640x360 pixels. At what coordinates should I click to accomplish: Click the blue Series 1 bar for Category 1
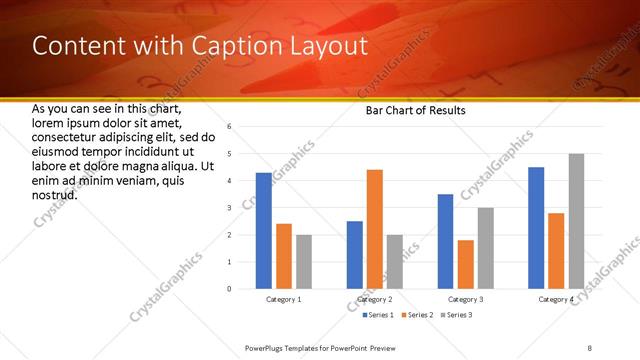point(263,231)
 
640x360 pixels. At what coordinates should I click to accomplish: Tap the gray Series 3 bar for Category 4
point(576,221)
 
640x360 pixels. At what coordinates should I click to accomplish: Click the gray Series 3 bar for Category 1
point(303,262)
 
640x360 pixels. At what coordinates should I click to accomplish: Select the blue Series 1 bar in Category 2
point(355,255)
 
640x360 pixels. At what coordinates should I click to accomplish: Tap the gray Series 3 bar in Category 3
point(486,248)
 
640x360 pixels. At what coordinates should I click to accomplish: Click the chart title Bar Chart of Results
point(415,110)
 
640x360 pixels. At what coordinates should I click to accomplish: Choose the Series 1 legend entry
point(375,315)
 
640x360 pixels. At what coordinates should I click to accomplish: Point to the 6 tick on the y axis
point(230,127)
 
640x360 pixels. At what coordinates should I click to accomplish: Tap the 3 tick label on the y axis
point(230,208)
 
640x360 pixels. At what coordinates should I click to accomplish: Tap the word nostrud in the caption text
point(55,193)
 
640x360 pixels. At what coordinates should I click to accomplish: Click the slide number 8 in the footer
point(590,347)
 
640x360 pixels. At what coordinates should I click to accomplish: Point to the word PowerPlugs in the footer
point(269,347)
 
